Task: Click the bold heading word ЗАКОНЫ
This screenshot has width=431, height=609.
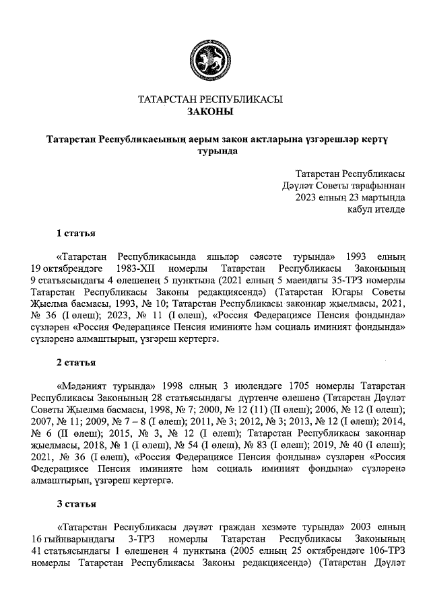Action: click(x=210, y=112)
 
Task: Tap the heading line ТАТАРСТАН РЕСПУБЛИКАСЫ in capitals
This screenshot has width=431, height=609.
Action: click(x=210, y=100)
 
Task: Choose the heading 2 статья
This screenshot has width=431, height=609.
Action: click(x=75, y=363)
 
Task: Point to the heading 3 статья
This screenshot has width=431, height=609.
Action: click(x=75, y=503)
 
